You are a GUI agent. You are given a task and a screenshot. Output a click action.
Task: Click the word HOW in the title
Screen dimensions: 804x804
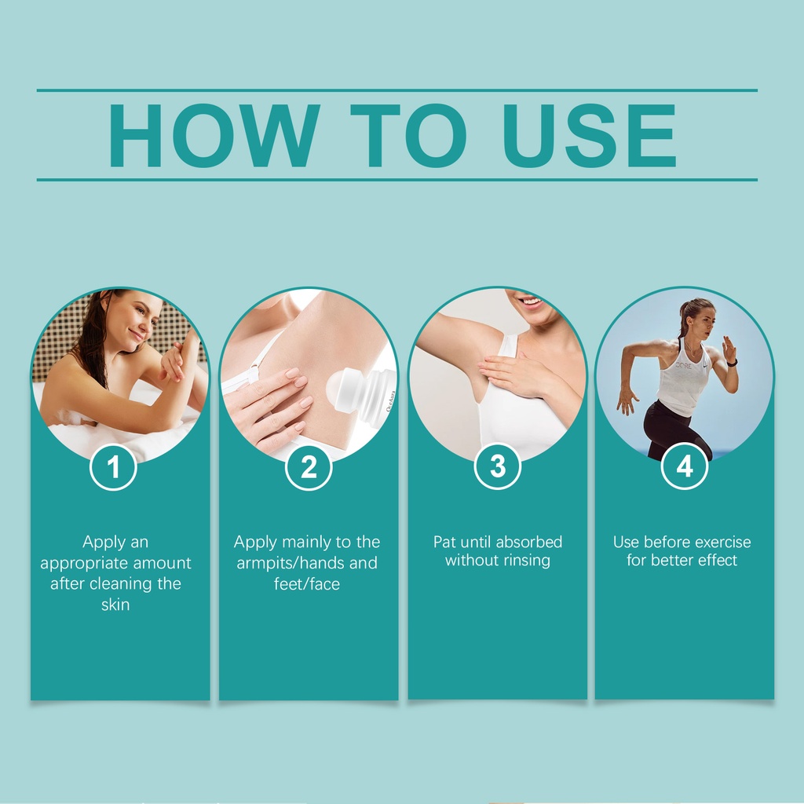tap(214, 135)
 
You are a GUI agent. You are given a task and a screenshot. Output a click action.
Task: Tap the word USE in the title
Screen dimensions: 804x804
tap(589, 135)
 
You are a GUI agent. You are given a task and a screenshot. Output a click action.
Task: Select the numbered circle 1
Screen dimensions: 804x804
tap(113, 466)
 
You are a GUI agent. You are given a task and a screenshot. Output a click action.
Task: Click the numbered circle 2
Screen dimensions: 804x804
tap(308, 466)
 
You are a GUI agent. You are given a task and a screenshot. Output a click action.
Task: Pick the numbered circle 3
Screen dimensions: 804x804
tap(497, 466)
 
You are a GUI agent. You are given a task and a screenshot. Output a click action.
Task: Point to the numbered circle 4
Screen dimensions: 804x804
tap(685, 466)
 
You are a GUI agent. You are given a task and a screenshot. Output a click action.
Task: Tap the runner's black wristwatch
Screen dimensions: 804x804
tap(732, 363)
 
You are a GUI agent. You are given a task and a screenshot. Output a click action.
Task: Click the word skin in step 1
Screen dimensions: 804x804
tap(115, 605)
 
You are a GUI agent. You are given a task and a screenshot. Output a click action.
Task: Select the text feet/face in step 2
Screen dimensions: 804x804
tap(307, 583)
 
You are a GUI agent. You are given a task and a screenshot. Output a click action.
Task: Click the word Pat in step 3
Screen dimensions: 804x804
tap(444, 542)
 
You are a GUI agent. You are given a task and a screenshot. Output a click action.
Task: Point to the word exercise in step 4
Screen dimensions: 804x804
tap(723, 542)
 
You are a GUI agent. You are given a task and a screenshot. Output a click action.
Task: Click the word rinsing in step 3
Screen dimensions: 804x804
tap(526, 561)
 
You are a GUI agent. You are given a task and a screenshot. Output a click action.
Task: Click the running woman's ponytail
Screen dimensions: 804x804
tap(684, 320)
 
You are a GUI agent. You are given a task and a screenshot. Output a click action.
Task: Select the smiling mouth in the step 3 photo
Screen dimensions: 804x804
tap(531, 302)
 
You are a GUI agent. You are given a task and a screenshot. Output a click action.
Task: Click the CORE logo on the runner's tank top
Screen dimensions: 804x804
tap(683, 366)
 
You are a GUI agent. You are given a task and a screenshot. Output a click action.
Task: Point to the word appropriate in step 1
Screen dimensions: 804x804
tap(78, 563)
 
